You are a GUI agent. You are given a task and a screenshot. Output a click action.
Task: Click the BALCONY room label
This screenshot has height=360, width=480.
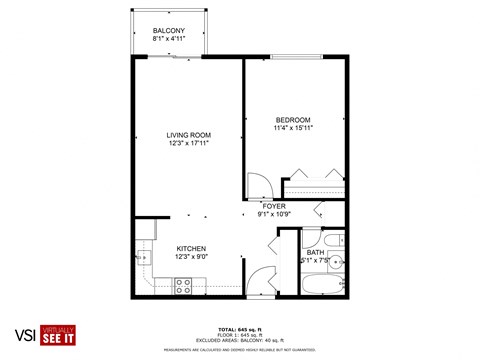168,31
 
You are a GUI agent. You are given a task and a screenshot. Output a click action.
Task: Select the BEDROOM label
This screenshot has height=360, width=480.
294,119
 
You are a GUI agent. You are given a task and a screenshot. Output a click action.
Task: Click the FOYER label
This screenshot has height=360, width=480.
274,205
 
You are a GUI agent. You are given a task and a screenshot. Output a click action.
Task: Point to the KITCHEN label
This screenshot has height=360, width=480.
191,248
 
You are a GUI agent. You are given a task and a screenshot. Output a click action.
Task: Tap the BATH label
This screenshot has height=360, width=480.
315,253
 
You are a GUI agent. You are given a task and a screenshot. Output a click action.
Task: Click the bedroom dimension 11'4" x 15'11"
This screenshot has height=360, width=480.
294,128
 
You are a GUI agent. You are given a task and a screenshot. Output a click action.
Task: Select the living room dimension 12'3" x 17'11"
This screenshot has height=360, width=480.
188,143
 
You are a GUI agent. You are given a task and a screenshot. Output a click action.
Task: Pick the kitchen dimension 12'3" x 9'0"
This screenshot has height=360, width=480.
191,257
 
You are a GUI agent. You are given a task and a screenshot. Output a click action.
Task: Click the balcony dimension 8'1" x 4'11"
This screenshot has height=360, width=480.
168,40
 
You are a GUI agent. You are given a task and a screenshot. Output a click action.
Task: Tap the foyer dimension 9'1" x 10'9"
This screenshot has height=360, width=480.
274,214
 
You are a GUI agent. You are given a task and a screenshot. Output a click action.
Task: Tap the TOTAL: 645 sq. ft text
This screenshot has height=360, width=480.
239,329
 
